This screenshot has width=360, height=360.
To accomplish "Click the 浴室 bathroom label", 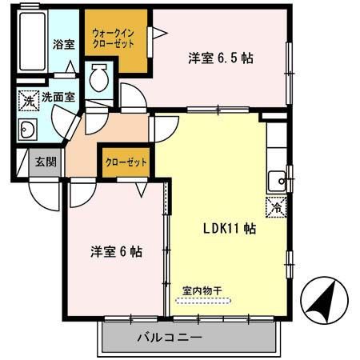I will [64, 44].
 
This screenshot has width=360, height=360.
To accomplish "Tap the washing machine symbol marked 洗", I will [28, 101].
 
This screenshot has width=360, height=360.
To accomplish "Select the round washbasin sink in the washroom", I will [28, 130].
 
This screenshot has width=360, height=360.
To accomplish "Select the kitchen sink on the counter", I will [277, 177].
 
